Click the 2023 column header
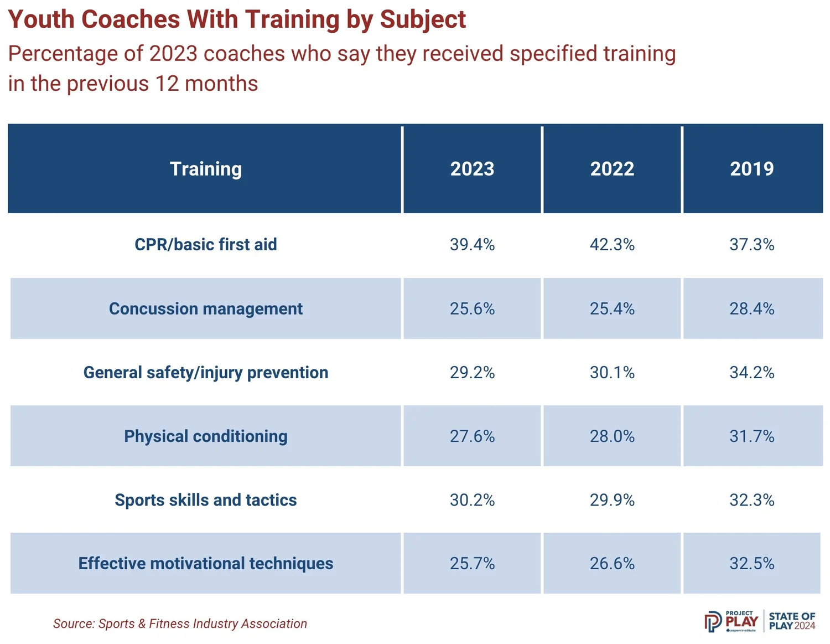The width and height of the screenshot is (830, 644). pyautogui.click(x=472, y=169)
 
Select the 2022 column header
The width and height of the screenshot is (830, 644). pyautogui.click(x=612, y=169)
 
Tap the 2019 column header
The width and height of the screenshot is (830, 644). pyautogui.click(x=751, y=169)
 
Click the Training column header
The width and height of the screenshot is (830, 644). pyautogui.click(x=205, y=169)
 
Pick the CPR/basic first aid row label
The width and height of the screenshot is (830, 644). pyautogui.click(x=205, y=244)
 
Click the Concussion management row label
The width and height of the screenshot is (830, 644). pyautogui.click(x=205, y=308)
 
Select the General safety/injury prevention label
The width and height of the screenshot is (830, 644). pyautogui.click(x=205, y=372)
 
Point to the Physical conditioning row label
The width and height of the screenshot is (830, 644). pyautogui.click(x=205, y=436)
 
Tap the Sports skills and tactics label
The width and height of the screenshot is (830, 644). pyautogui.click(x=205, y=500)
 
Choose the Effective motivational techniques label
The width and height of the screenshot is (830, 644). pyautogui.click(x=205, y=564)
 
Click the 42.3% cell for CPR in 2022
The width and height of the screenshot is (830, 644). pyautogui.click(x=612, y=244)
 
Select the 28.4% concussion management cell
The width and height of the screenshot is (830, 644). pyautogui.click(x=751, y=308)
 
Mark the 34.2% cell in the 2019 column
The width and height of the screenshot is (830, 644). pyautogui.click(x=751, y=372)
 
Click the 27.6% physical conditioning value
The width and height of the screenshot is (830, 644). pyautogui.click(x=472, y=436)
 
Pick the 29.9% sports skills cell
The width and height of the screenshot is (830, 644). pyautogui.click(x=612, y=500)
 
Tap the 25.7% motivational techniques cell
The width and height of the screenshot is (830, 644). pyautogui.click(x=472, y=564)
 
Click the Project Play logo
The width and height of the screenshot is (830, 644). pyautogui.click(x=732, y=621)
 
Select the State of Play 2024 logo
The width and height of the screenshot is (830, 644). pyautogui.click(x=792, y=621)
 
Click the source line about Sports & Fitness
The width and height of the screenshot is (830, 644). pyautogui.click(x=180, y=624)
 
